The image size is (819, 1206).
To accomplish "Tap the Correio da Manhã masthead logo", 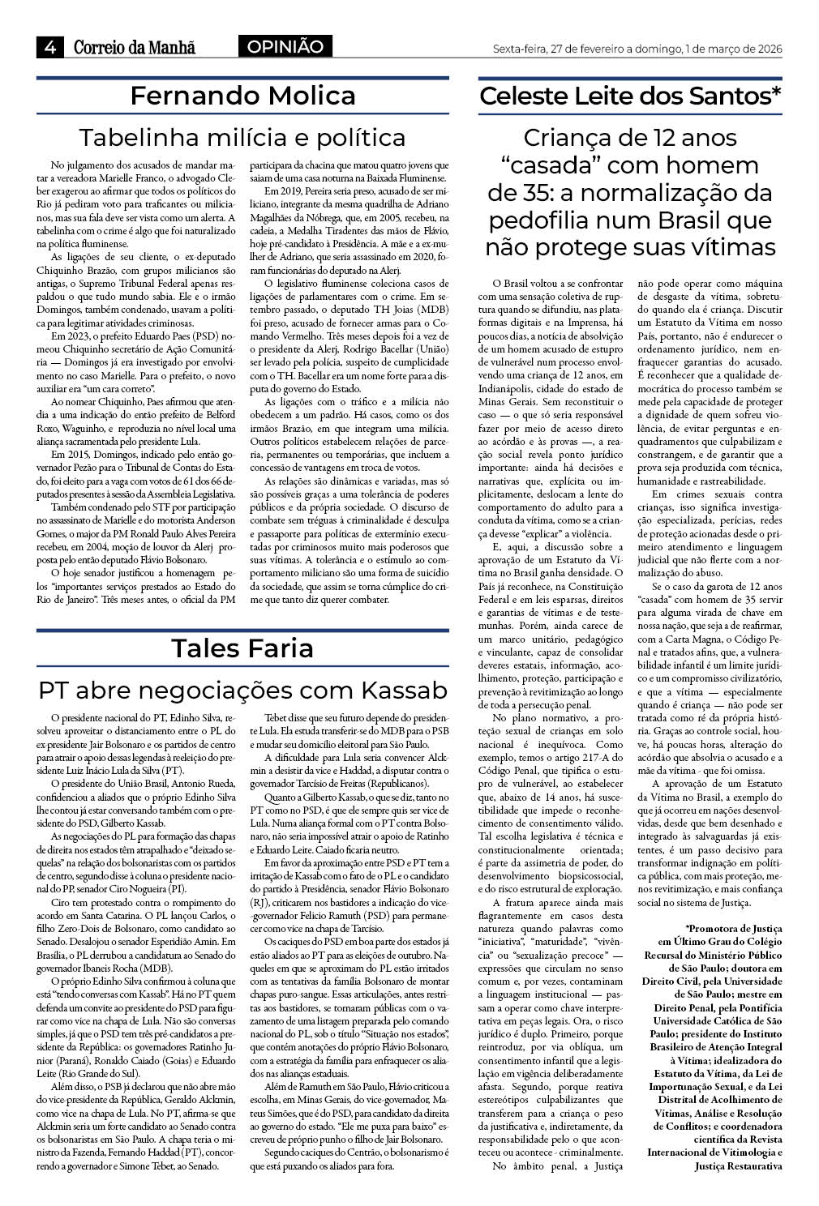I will point(135,48).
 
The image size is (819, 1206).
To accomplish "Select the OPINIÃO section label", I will point(285,47).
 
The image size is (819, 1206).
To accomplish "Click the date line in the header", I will point(637,49).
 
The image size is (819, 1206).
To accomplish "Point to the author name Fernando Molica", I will point(242,96).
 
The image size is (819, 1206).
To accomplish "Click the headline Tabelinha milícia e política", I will point(242,136).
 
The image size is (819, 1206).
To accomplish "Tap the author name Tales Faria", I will point(242,648).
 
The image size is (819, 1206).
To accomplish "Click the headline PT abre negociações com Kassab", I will point(242,690).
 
